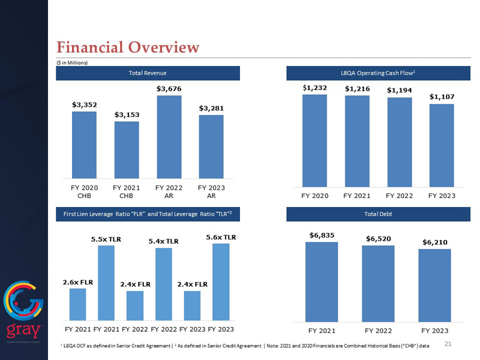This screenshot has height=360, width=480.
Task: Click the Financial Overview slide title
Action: (127, 47)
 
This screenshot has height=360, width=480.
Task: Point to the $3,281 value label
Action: (211, 108)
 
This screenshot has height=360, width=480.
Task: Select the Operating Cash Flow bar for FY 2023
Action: (442, 145)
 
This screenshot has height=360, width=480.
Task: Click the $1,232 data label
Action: (314, 88)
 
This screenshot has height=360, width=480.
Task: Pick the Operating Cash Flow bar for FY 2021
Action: (357, 141)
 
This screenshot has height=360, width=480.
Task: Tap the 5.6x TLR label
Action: (221, 237)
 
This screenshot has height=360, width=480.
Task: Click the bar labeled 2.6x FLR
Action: (78, 304)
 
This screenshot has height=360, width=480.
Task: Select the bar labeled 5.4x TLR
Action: (164, 284)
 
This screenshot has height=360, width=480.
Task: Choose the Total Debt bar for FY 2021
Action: (322, 281)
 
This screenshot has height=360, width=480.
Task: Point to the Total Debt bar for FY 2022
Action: (378, 283)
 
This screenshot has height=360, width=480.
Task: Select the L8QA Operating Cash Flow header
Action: (379, 73)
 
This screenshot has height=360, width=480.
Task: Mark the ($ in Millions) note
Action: (71, 62)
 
